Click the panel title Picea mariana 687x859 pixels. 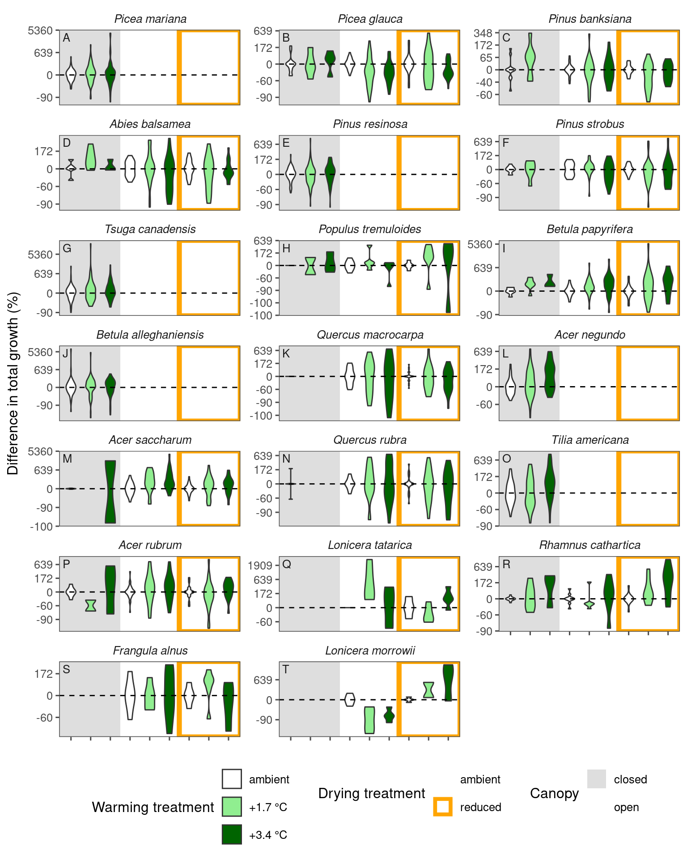(x=150, y=19)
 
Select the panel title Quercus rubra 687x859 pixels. (x=370, y=440)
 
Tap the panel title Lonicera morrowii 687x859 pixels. (x=370, y=651)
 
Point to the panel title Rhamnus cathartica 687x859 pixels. (x=589, y=545)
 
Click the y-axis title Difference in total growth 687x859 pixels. (x=13, y=383)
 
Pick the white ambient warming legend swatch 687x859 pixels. (x=232, y=779)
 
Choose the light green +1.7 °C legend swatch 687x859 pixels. (x=232, y=807)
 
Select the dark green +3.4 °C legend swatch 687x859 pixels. (x=232, y=834)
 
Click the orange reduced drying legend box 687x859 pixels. (x=443, y=807)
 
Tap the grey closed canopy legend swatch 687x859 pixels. (x=597, y=779)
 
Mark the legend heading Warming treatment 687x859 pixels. (x=153, y=807)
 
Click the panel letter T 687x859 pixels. (x=286, y=669)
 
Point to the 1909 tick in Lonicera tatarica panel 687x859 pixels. (x=260, y=566)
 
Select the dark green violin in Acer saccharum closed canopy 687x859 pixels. (x=110, y=491)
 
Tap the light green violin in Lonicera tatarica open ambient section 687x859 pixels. (x=369, y=579)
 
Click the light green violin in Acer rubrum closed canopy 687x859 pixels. (x=91, y=605)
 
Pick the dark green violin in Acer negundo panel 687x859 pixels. (x=550, y=374)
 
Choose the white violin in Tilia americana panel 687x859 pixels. (x=510, y=493)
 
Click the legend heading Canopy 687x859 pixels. (x=554, y=793)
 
